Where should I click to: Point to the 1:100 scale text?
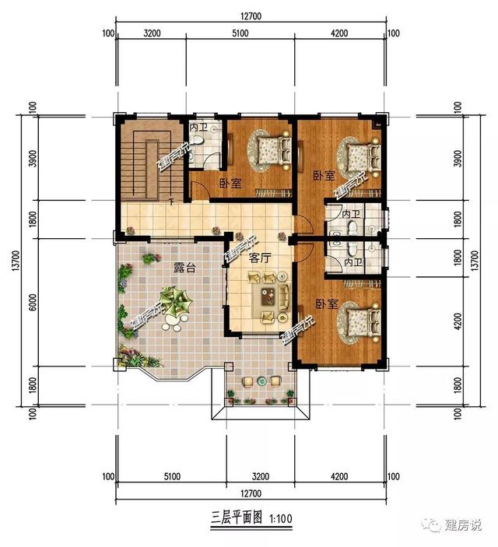[281, 516]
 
